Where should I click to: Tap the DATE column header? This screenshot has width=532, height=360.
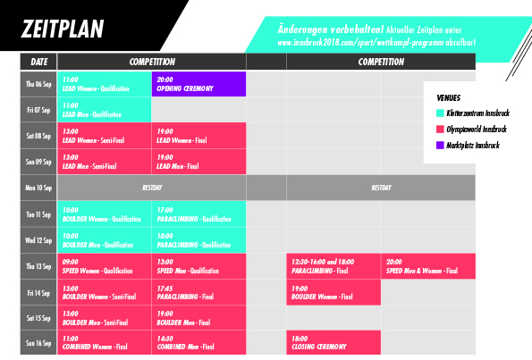(38, 63)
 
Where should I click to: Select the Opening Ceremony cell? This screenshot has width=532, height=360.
(198, 84)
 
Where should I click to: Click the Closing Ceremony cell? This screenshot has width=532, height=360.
(334, 342)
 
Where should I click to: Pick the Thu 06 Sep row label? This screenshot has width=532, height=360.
(38, 84)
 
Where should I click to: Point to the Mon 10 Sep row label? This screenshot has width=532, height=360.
(38, 188)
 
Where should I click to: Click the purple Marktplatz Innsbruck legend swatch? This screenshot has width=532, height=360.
(440, 145)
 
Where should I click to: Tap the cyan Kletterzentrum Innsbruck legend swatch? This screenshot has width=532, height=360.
(440, 113)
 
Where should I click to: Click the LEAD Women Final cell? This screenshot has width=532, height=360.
(198, 136)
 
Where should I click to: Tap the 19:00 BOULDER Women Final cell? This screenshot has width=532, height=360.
(334, 292)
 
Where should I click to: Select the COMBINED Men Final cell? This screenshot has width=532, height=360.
(198, 342)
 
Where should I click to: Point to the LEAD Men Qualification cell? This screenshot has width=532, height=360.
(104, 110)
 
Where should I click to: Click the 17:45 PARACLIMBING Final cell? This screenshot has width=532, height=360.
(198, 292)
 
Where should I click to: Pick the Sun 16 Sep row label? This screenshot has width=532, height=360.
(38, 342)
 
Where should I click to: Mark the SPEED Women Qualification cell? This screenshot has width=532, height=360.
(104, 266)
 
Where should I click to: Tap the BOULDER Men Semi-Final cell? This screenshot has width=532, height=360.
(104, 317)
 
